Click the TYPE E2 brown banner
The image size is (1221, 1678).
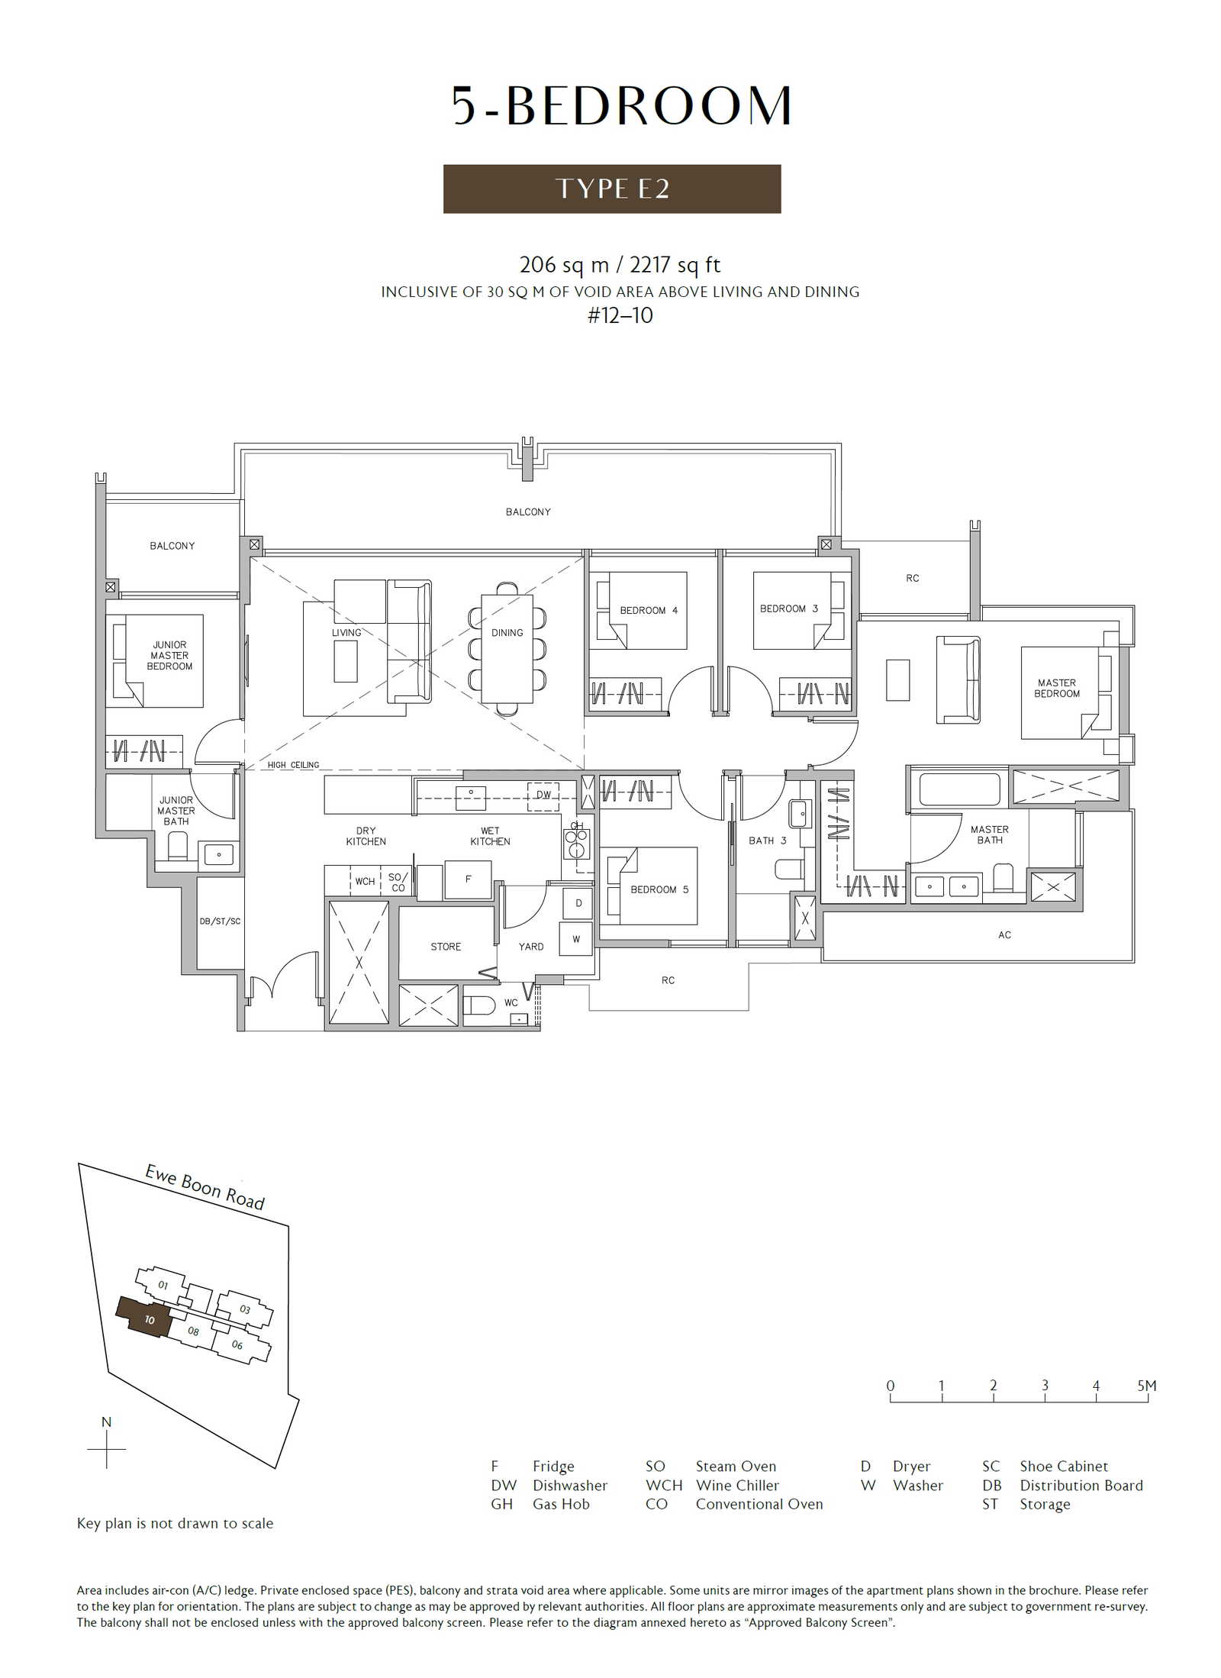click(x=611, y=189)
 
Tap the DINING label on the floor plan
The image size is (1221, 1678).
click(x=507, y=633)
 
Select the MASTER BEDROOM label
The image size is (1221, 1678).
click(x=1056, y=688)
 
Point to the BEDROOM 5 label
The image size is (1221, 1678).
click(x=659, y=889)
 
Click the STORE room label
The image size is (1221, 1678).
click(x=446, y=947)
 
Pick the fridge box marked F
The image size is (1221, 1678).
click(x=468, y=879)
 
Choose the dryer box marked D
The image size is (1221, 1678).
click(x=578, y=903)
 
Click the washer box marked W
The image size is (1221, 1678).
click(x=576, y=939)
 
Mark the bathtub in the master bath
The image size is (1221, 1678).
click(x=959, y=789)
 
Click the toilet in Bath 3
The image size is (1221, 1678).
click(x=789, y=869)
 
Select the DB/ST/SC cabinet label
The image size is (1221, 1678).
click(x=220, y=921)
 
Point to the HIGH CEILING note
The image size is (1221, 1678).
click(x=293, y=765)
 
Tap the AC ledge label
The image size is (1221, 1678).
click(x=1004, y=935)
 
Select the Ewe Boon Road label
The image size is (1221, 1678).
click(x=205, y=1187)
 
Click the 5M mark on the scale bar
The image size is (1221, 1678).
click(x=1147, y=1386)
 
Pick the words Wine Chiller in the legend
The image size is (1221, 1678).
click(x=737, y=1486)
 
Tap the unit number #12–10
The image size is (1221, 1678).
click(x=620, y=315)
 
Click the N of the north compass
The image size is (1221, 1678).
click(x=106, y=1422)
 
